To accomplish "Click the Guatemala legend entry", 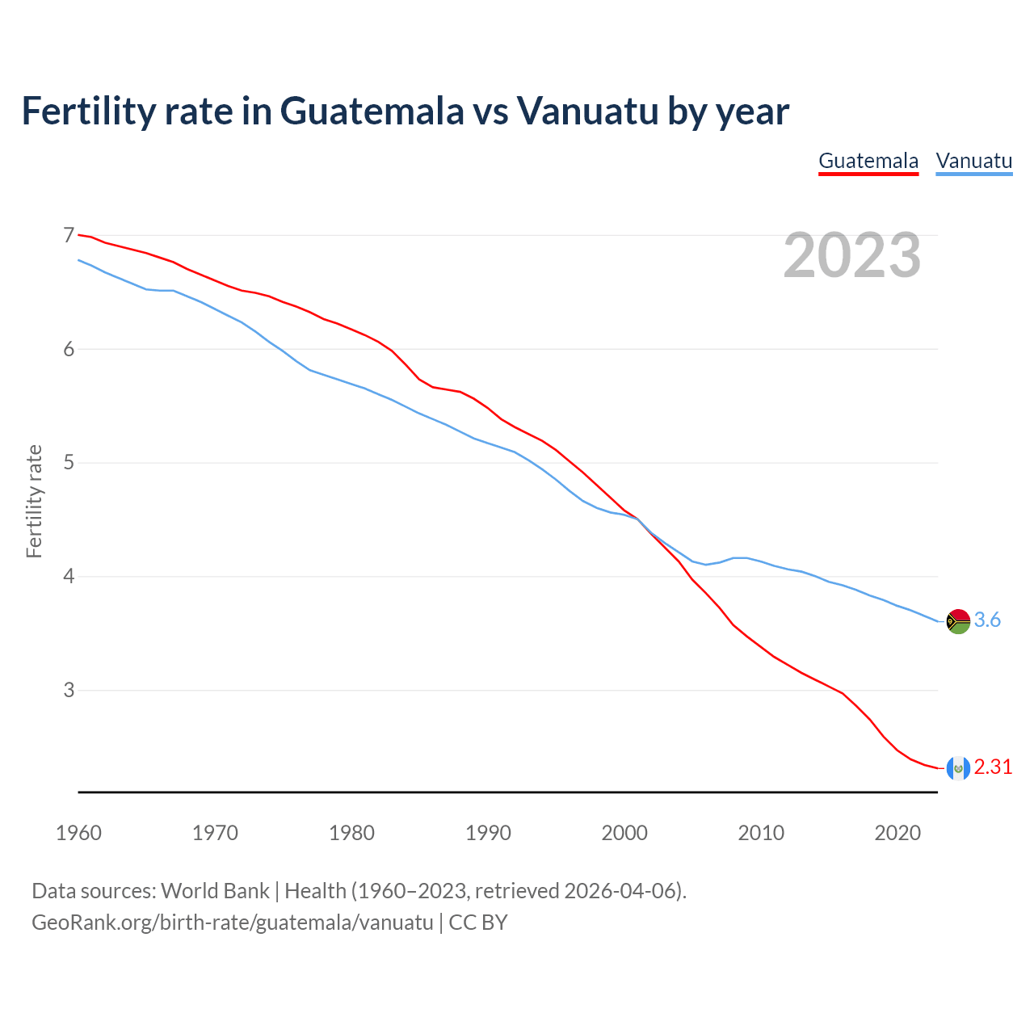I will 868,161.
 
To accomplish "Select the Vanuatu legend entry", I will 973,161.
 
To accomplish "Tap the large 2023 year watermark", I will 851,255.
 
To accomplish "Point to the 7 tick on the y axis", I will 69,236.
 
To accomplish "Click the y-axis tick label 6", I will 69,349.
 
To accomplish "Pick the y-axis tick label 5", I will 69,463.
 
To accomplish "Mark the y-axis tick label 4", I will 69,577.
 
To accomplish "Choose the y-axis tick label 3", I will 69,691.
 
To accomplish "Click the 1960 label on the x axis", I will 78,833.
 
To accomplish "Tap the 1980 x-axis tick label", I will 351,833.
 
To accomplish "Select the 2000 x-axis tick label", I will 624,833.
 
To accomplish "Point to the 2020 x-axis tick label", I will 897,833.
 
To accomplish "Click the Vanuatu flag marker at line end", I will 957,621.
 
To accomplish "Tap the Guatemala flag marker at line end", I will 957,768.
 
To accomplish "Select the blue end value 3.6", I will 987,620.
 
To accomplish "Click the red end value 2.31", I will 993,767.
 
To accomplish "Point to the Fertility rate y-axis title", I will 34,501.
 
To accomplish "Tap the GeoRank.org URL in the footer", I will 233,923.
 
